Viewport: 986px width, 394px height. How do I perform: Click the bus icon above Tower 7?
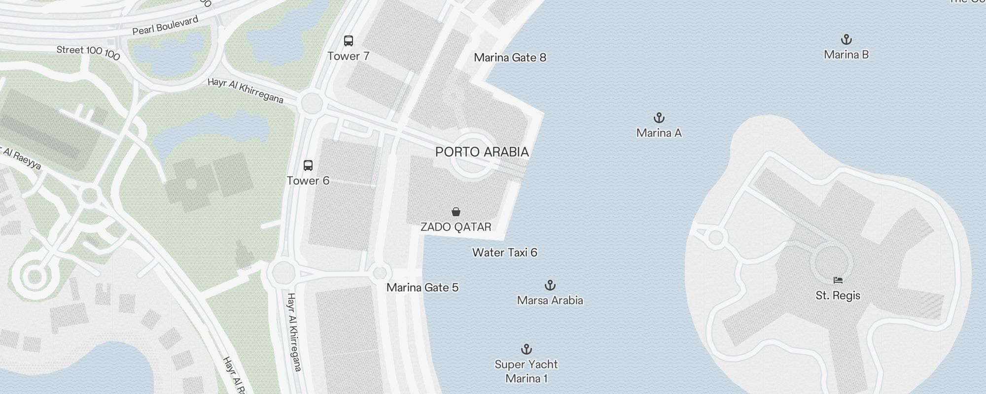pos(349,41)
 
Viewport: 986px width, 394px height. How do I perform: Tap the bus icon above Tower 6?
pos(308,165)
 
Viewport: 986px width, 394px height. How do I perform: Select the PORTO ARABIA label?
pos(482,152)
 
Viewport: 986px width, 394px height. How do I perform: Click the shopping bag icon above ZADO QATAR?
pos(456,212)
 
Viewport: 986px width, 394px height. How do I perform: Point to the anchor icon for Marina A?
pos(659,118)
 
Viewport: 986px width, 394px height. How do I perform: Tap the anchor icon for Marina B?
pos(846,40)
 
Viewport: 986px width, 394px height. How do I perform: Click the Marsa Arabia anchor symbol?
pos(550,286)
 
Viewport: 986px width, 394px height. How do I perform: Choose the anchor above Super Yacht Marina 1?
pos(527,350)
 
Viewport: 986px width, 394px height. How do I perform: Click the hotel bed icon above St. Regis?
pos(838,281)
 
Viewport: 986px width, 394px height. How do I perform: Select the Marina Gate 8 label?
pos(510,58)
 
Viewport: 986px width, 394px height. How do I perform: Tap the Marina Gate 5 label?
pos(423,288)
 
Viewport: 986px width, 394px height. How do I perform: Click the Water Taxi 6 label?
pos(504,253)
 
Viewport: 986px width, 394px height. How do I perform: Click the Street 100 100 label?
pos(88,52)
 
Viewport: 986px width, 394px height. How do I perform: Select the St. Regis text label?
pos(838,295)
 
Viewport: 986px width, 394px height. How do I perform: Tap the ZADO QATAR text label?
pos(456,227)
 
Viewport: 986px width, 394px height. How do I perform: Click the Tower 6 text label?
pos(308,181)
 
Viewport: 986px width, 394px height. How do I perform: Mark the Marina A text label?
pos(659,133)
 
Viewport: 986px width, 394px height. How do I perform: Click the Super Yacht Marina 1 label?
pos(526,371)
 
